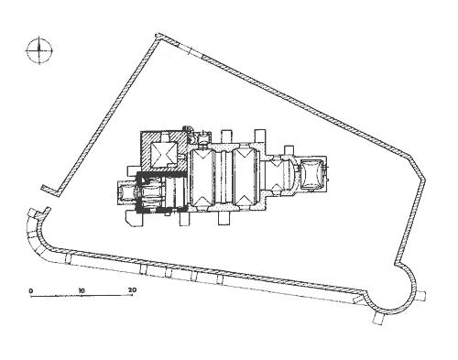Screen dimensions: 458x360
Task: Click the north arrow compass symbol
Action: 39,50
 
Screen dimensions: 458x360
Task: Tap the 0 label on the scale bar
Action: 30,290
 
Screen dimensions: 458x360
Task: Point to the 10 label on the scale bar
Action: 81,290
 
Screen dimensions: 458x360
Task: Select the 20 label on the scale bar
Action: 132,289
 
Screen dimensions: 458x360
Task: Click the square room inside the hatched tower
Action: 164,154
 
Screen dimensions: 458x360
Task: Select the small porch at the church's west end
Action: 125,193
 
